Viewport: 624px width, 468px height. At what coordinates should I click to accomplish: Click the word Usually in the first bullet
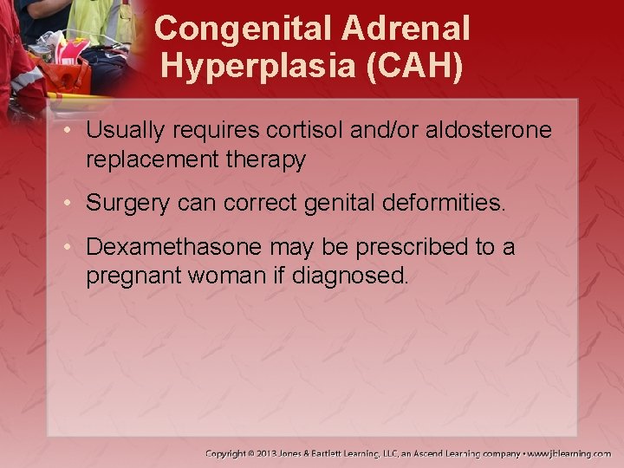(120, 131)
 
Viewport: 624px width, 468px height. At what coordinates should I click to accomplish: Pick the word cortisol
(300, 131)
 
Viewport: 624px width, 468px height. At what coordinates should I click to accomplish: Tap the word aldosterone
(486, 131)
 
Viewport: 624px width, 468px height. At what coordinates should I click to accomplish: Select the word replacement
(142, 159)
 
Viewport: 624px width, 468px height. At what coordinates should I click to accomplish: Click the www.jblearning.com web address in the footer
(570, 452)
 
